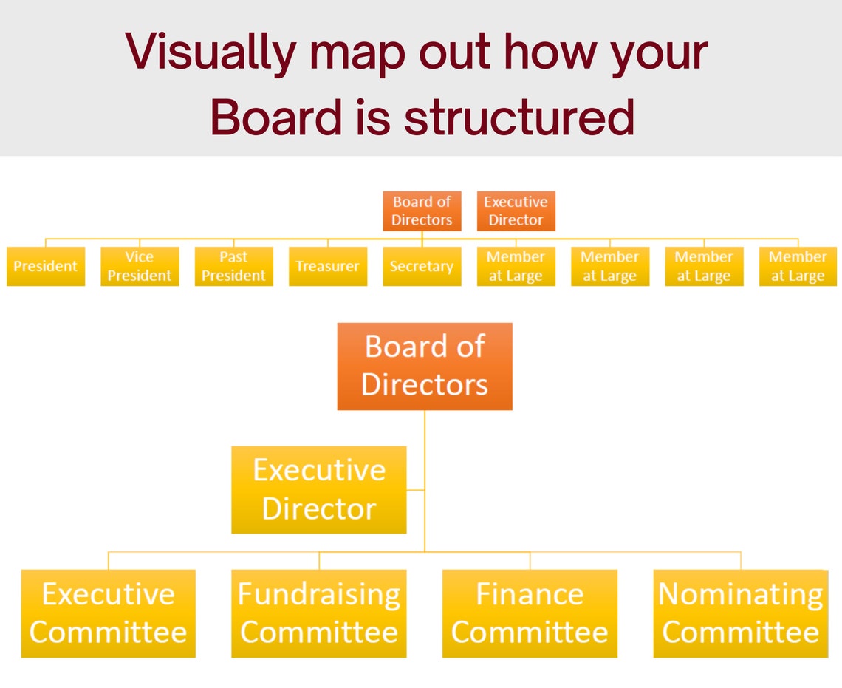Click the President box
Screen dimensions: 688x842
[x=46, y=266]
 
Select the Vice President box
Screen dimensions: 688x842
[x=140, y=266]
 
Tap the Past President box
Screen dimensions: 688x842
[x=233, y=266]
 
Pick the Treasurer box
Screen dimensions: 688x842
[x=327, y=266]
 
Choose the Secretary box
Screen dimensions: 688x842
[x=422, y=266]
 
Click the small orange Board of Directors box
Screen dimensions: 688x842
[x=422, y=211]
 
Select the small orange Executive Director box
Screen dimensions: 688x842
[x=516, y=211]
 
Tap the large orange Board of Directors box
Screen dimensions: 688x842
[x=425, y=367]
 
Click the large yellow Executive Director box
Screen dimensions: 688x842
[x=319, y=489]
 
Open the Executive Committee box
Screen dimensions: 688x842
[x=109, y=613]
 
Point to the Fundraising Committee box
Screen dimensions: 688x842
[x=319, y=613]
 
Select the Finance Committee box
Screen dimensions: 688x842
[x=530, y=613]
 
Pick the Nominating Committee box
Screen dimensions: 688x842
[x=741, y=613]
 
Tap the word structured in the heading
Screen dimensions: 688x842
[x=518, y=116]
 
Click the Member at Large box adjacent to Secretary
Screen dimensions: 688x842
[x=516, y=266]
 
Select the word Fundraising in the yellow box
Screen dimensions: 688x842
[x=319, y=594]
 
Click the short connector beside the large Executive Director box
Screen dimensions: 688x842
[x=416, y=489]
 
